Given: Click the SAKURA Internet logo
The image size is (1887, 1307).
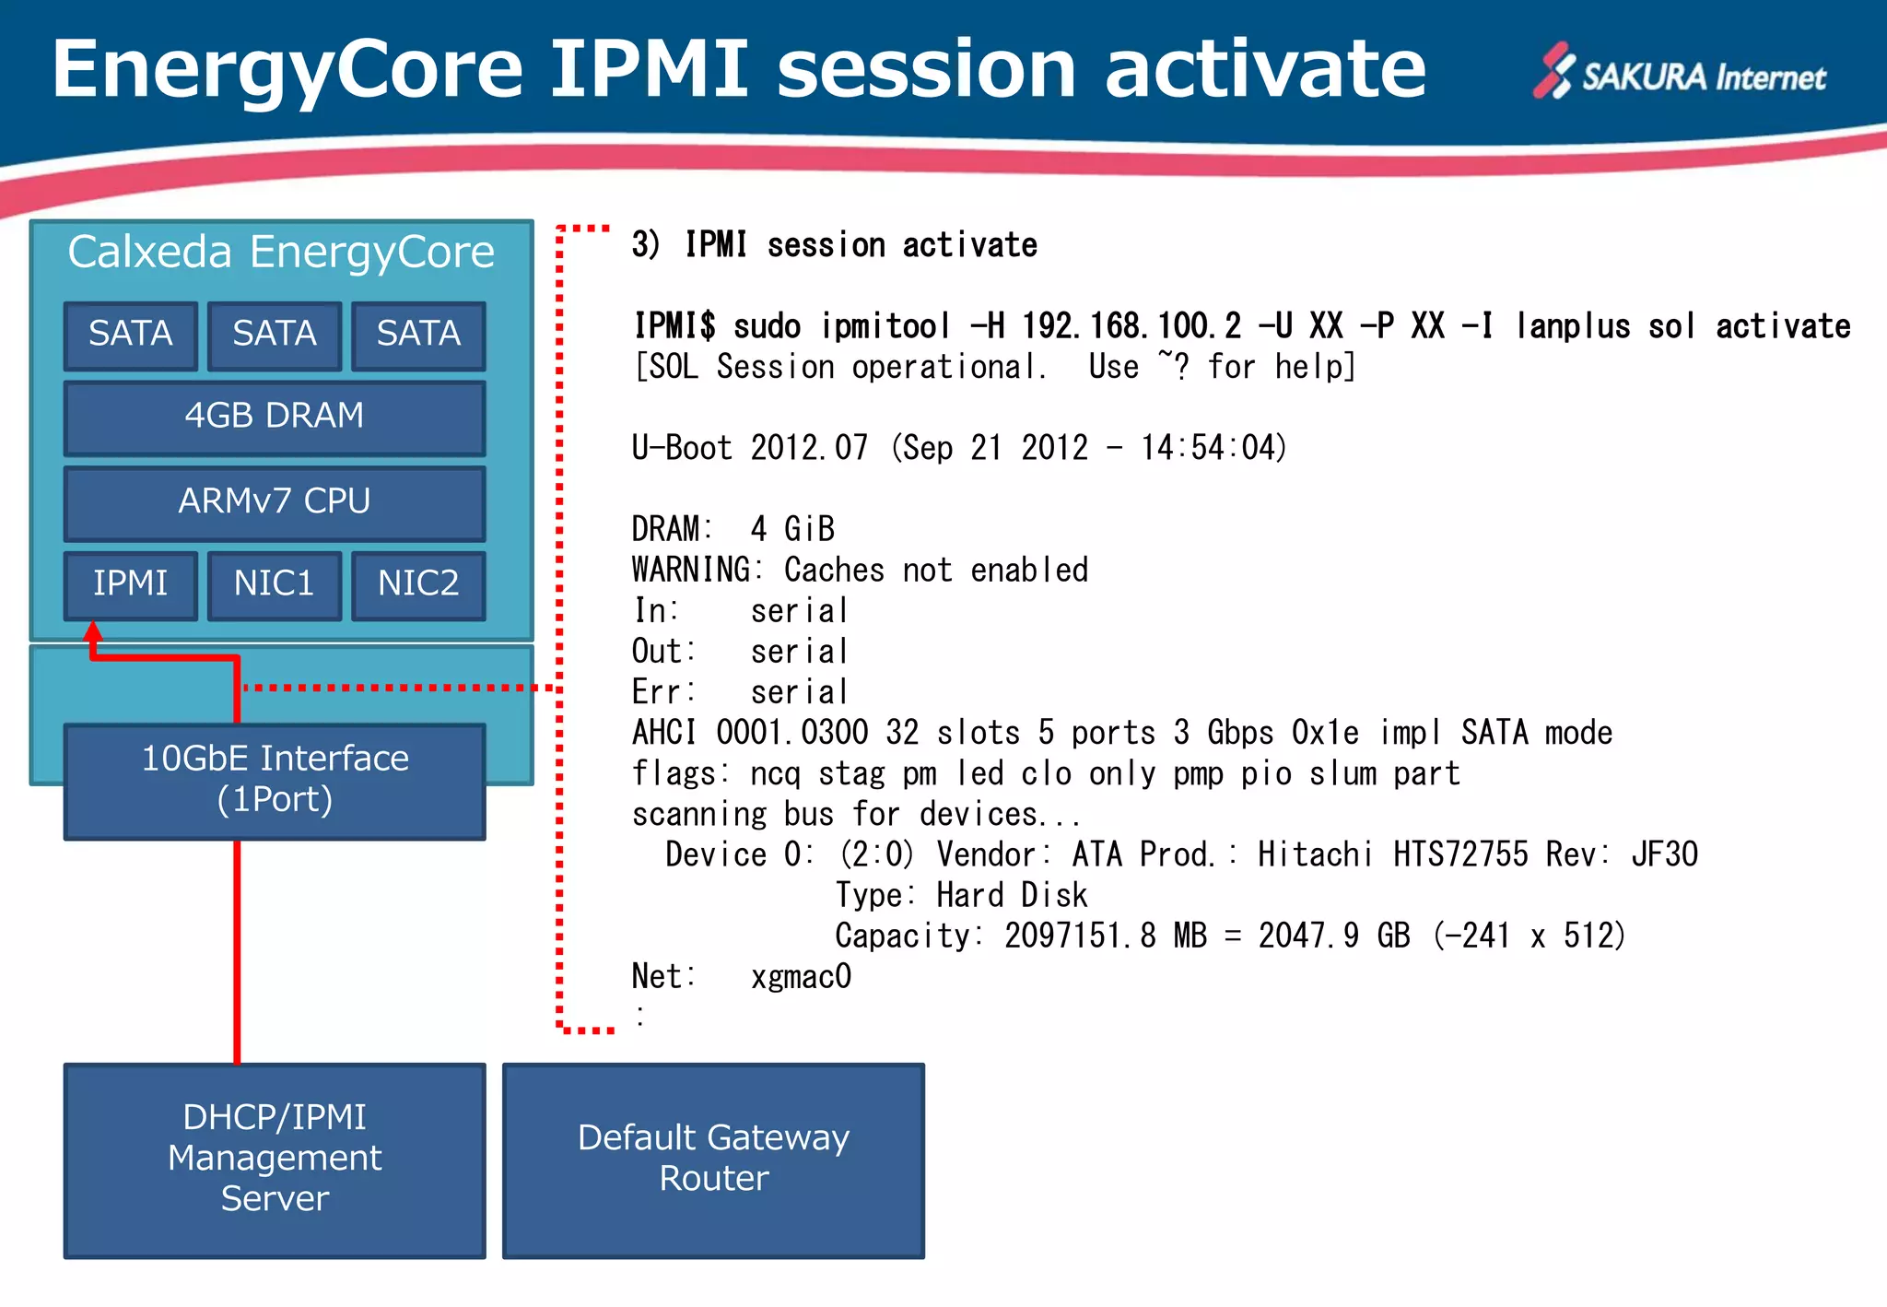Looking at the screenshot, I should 1679,74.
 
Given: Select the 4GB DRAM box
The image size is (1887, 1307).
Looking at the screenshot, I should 275,417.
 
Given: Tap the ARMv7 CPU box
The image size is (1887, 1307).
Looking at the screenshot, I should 275,502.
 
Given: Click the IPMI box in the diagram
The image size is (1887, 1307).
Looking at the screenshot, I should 131,584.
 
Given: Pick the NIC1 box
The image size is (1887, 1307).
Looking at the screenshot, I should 275,584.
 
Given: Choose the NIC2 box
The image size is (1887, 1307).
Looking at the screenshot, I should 418,584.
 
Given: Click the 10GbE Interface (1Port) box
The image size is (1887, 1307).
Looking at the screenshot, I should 275,780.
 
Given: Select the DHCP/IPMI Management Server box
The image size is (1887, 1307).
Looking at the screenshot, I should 275,1159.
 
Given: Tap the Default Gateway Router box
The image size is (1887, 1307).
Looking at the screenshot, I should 713,1159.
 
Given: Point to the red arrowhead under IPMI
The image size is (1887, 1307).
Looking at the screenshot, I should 92,632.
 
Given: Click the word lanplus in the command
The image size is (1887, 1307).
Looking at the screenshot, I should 1573,326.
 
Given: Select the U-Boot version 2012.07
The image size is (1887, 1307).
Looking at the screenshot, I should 809,448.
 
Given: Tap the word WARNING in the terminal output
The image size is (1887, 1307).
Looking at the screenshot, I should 691,570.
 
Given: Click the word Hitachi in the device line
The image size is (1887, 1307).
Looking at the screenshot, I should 1315,854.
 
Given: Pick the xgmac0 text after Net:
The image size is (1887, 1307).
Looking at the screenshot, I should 801,976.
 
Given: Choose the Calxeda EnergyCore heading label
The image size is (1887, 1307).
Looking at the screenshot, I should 281,253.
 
